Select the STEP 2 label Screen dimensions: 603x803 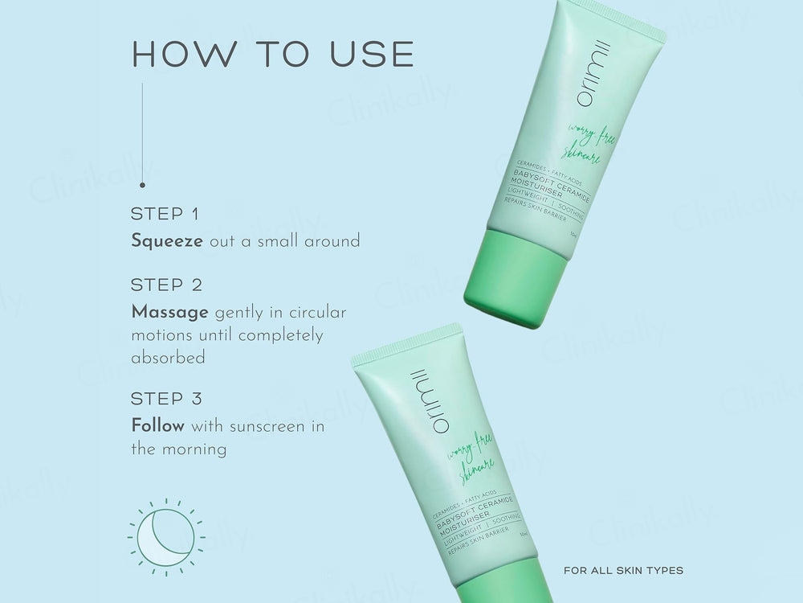click(167, 285)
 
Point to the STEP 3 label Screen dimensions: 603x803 click(167, 399)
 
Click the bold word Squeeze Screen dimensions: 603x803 click(166, 241)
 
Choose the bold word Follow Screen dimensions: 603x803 click(157, 426)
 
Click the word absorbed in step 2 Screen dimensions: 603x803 click(168, 358)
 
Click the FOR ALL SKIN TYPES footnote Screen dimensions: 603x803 click(623, 571)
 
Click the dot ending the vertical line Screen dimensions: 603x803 click(142, 183)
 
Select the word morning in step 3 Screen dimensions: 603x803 click(193, 449)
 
